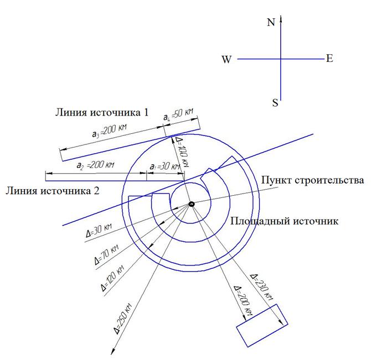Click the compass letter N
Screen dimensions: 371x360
[271, 22]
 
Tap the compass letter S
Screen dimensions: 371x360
[275, 103]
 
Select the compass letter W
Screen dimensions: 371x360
[226, 59]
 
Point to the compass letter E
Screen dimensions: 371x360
[329, 59]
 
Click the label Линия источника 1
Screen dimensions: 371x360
[102, 112]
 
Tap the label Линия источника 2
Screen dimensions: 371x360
[53, 191]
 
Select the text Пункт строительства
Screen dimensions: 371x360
[312, 180]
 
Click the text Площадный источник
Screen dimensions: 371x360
[284, 221]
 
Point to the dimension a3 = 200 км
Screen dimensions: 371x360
[109, 131]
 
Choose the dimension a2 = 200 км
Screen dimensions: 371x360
[95, 165]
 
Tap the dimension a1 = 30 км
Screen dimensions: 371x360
[164, 166]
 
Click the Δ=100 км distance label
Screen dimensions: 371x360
[182, 152]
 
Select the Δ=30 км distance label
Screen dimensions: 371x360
[99, 231]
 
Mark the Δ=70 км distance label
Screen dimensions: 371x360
[106, 254]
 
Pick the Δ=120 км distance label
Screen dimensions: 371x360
[112, 278]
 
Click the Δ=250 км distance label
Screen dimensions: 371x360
[122, 319]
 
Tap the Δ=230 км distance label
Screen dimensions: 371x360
[262, 287]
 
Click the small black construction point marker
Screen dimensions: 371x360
[192, 204]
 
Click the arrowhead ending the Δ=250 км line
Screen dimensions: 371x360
[112, 352]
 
